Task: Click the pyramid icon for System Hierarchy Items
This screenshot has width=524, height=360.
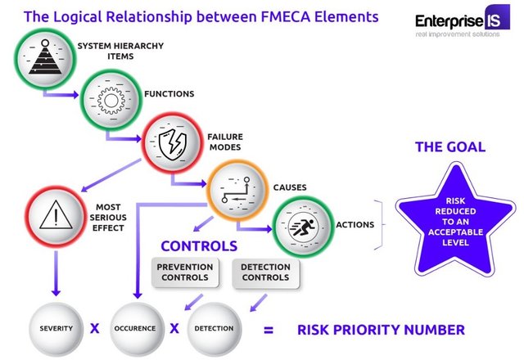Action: pos(45,57)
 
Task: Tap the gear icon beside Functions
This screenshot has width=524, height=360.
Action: pos(111,101)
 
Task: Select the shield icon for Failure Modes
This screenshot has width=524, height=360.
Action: pos(173,144)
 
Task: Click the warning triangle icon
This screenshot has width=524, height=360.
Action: pos(56,215)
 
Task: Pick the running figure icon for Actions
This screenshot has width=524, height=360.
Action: pos(302,227)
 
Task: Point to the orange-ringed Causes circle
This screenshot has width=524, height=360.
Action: pos(237,190)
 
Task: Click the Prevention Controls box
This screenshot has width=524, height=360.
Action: pos(185,272)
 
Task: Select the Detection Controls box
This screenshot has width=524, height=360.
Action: pos(265,273)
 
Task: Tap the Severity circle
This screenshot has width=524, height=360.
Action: pos(56,329)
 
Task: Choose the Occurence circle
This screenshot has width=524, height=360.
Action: pos(135,329)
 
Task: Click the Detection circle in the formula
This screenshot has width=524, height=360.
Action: pos(214,329)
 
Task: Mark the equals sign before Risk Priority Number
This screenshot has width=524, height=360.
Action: pos(269,331)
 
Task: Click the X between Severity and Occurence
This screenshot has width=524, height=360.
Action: pos(95,329)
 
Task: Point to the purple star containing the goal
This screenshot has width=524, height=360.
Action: pos(455,220)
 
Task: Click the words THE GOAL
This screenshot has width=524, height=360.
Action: pos(450,147)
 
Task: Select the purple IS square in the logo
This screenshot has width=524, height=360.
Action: pos(497,17)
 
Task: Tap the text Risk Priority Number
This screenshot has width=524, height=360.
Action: pos(381,330)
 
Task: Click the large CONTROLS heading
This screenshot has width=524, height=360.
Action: pos(199,246)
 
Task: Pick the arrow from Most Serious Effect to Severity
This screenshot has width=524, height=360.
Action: pos(56,273)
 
